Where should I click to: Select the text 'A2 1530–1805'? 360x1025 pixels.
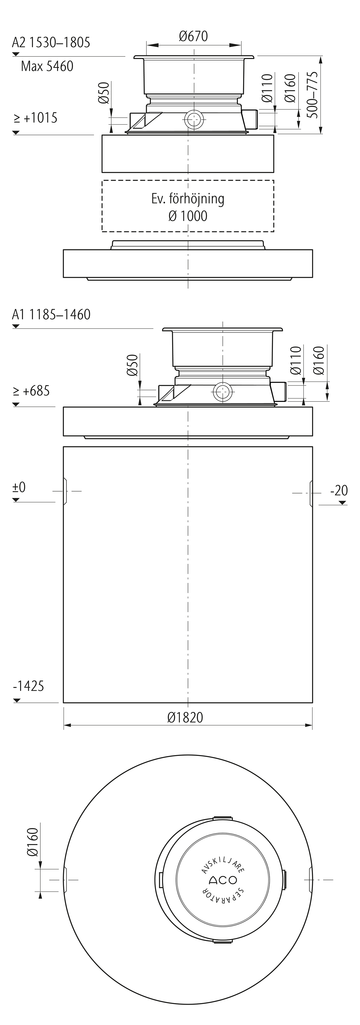tap(51, 42)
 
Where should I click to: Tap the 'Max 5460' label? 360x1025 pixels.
tap(47, 66)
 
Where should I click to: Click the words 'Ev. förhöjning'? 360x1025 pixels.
tap(188, 199)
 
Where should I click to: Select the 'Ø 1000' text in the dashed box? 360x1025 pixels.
tap(188, 216)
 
